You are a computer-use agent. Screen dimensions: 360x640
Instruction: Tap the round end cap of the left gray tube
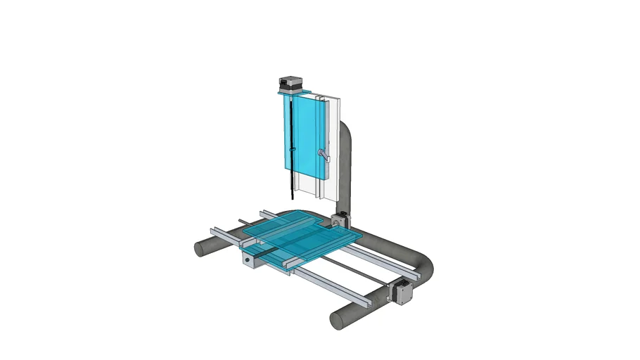(x=200, y=248)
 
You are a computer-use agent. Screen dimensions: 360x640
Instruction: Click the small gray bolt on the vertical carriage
(x=324, y=154)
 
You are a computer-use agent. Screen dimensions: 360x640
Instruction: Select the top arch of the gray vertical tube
(x=346, y=127)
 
